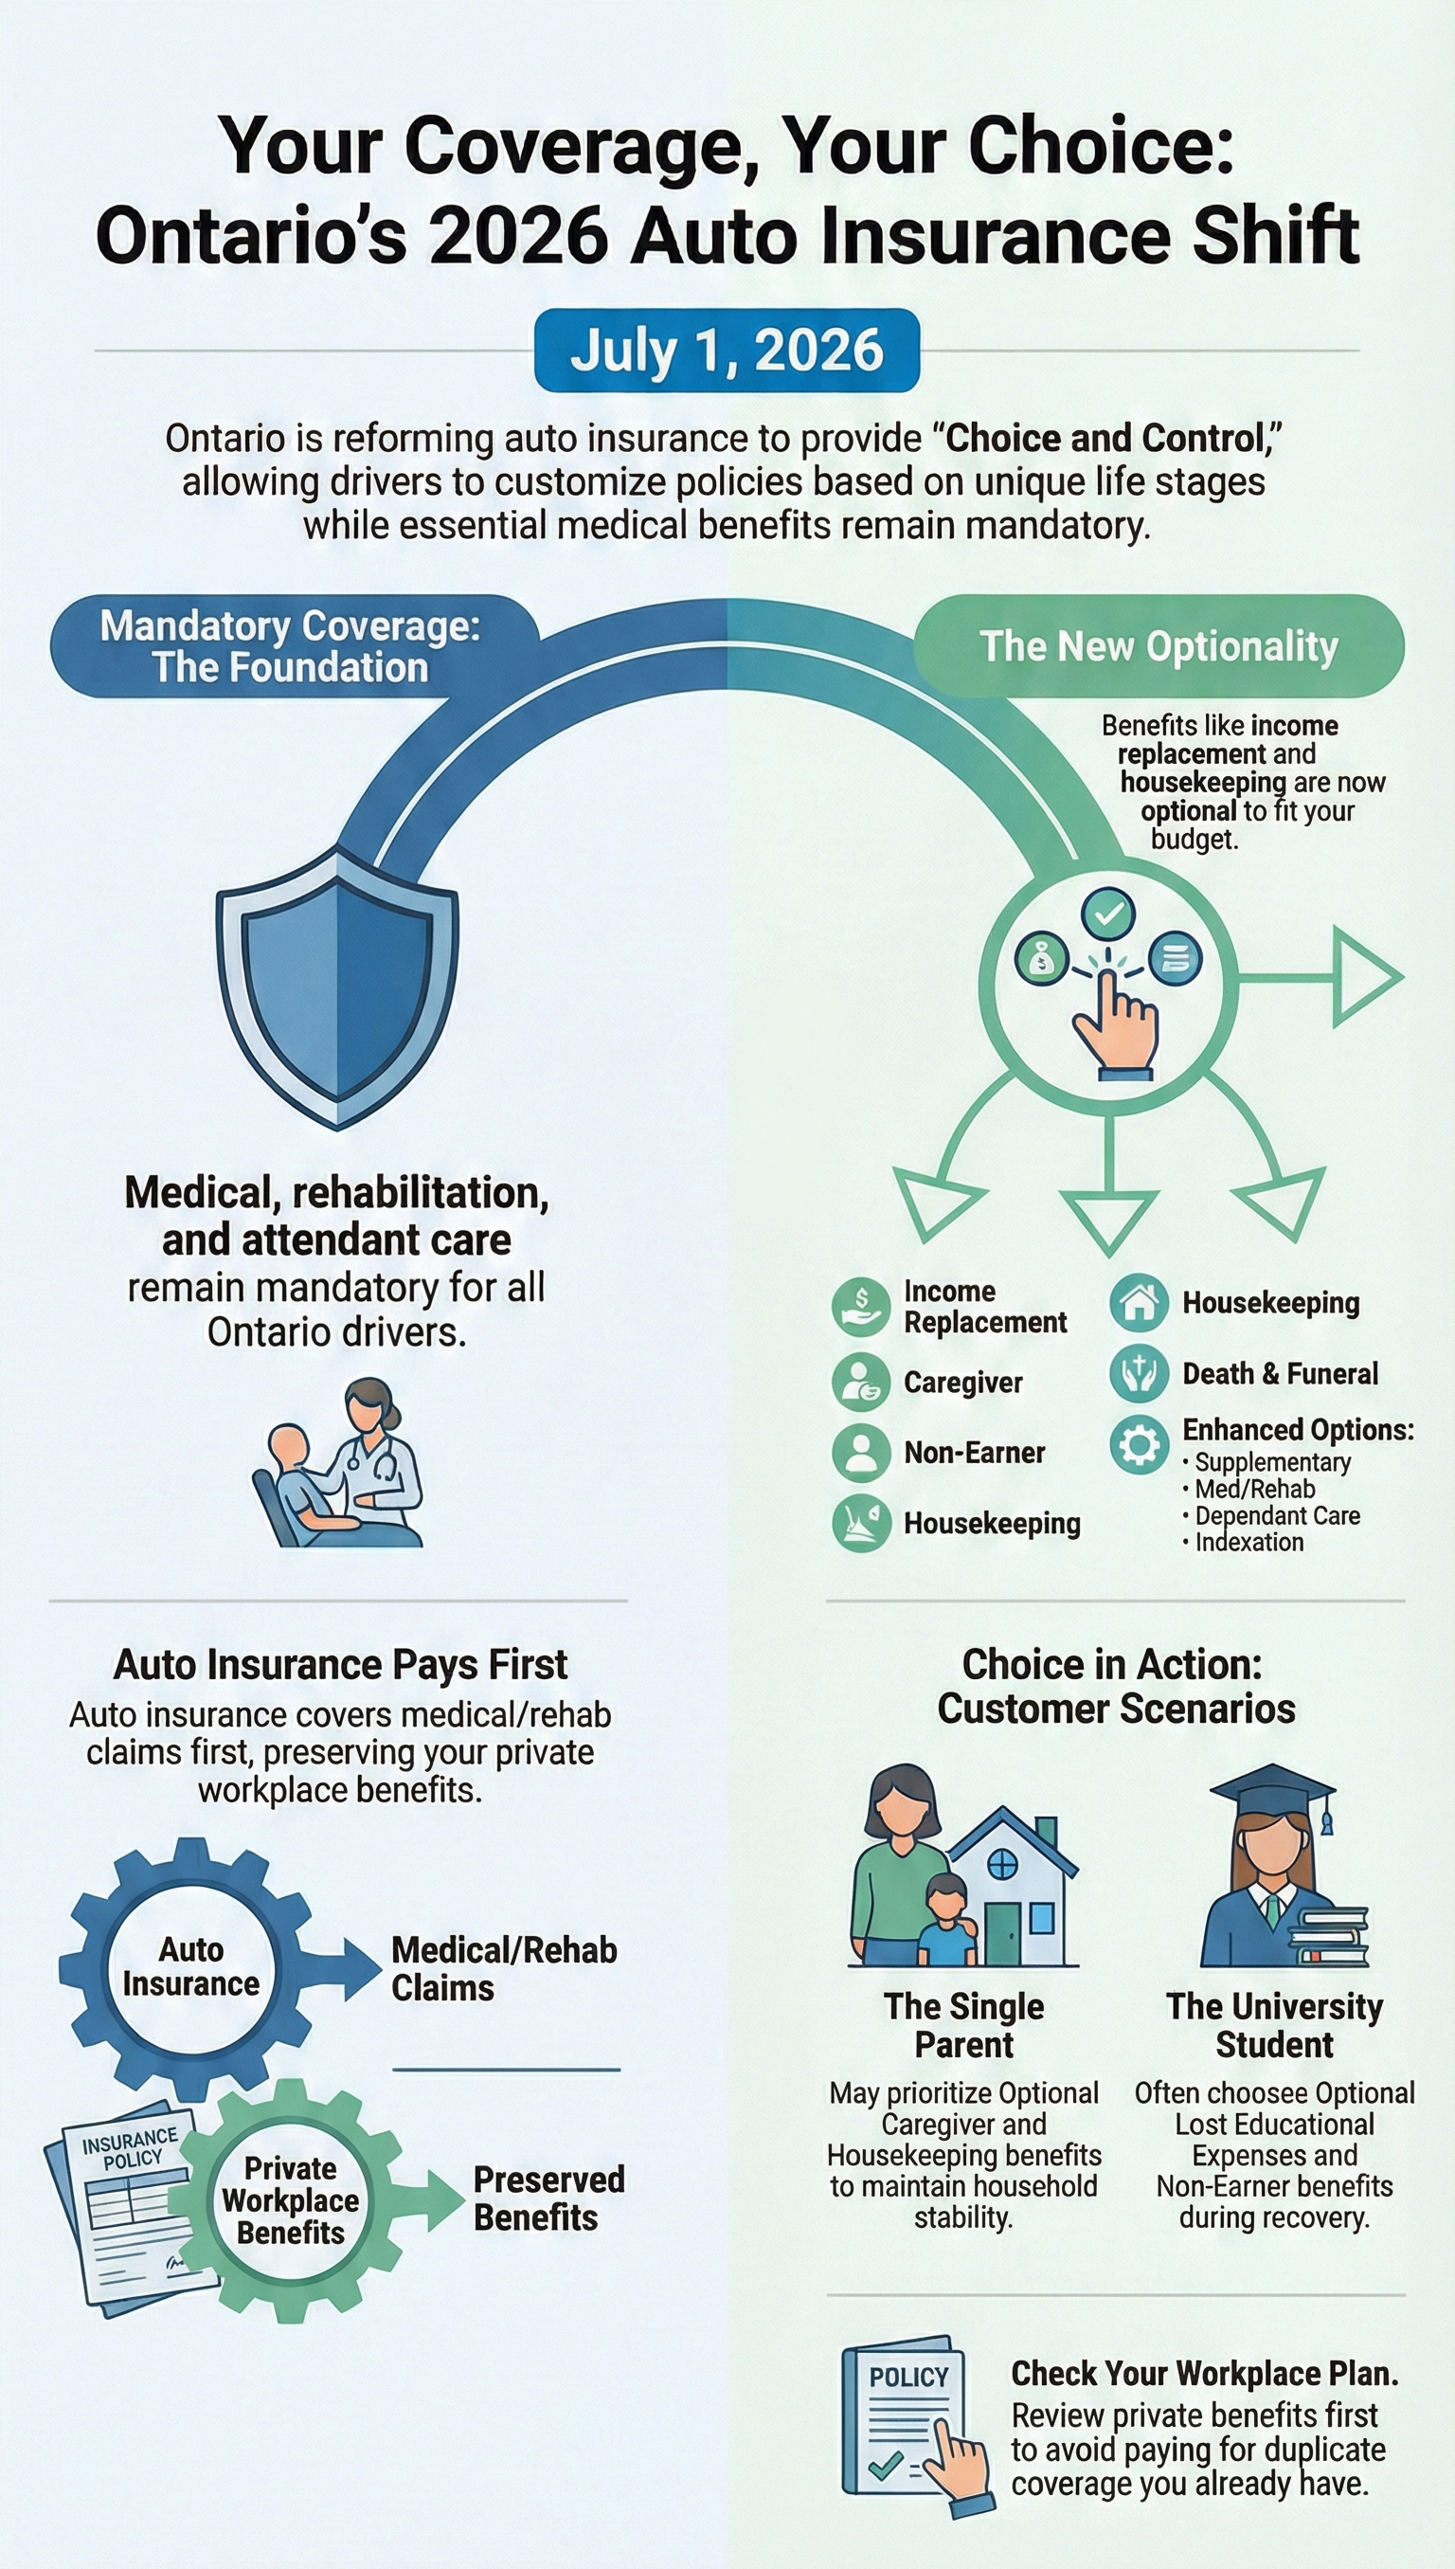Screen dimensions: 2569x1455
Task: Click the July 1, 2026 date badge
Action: (x=727, y=351)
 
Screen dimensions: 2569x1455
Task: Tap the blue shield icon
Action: (x=338, y=987)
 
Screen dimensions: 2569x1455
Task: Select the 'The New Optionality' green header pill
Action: (x=1159, y=645)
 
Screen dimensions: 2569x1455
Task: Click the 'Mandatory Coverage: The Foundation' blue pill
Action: (x=291, y=645)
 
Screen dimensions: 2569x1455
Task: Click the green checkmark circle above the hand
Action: (x=1108, y=913)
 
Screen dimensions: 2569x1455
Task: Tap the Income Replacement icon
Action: (x=860, y=1306)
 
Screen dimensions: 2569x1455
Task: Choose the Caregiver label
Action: (x=962, y=1382)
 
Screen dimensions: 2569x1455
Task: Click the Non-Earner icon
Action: (x=860, y=1452)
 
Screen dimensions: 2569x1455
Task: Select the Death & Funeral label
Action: (x=1279, y=1373)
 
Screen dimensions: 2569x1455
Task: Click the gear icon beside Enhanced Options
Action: (x=1139, y=1443)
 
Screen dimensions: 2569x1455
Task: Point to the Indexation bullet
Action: (x=1248, y=1542)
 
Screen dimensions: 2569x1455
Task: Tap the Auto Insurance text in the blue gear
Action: (x=190, y=1966)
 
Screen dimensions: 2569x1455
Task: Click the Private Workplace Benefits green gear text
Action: (x=291, y=2200)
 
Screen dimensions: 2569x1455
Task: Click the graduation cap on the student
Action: (x=1273, y=1796)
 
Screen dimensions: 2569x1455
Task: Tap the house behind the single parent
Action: (x=1014, y=1883)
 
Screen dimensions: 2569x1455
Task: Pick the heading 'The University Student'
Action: (x=1274, y=2025)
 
